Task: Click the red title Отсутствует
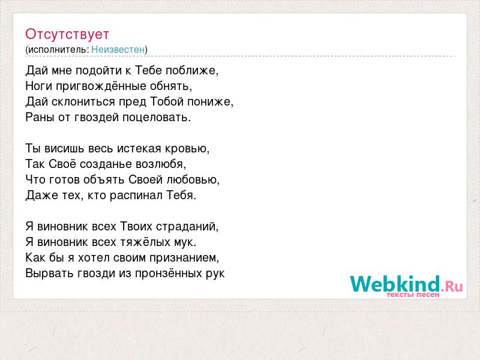coord(67,34)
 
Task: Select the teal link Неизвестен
coord(118,49)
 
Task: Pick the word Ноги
coord(39,86)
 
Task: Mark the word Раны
coord(40,117)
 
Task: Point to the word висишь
coord(64,148)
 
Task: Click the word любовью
coord(191,179)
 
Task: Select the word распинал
coord(136,196)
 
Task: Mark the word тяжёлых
coord(145,242)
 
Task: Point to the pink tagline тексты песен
coord(413,295)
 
